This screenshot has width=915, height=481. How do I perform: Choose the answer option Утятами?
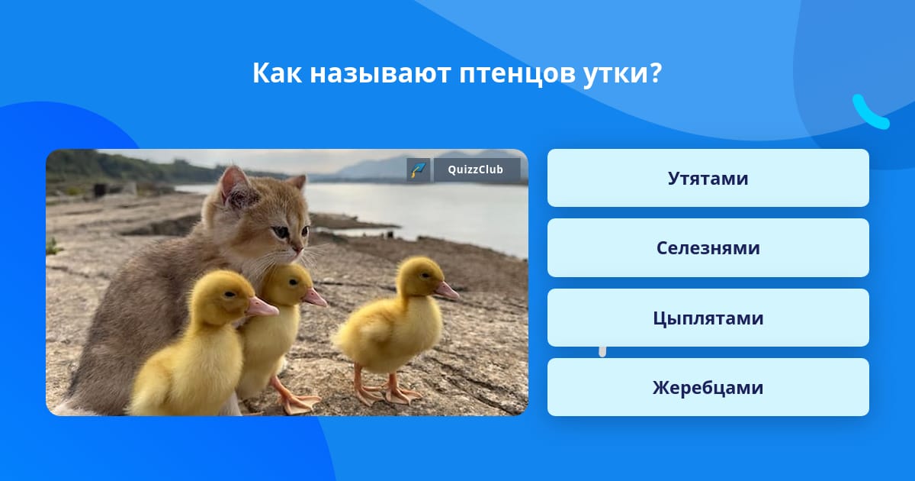[708, 178]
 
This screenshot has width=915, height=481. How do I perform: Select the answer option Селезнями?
[708, 248]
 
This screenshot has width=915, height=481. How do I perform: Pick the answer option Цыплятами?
[708, 318]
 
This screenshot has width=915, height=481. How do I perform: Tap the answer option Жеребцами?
[708, 387]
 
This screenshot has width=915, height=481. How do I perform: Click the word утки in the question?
[622, 73]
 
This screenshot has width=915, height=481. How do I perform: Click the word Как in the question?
[277, 73]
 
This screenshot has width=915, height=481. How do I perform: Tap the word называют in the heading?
[380, 73]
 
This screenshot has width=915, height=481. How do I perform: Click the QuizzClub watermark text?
[476, 169]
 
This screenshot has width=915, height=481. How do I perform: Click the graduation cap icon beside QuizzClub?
[419, 169]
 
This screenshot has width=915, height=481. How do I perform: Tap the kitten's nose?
[298, 248]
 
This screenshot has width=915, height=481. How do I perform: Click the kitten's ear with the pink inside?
[236, 187]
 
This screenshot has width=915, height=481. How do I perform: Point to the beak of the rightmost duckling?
[447, 291]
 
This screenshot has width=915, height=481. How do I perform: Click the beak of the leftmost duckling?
[262, 308]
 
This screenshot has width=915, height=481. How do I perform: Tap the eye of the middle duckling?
[293, 282]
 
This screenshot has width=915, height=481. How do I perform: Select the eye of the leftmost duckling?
[230, 294]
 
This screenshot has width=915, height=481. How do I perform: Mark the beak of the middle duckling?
[314, 297]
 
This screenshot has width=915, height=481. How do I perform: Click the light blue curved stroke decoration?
[870, 113]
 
